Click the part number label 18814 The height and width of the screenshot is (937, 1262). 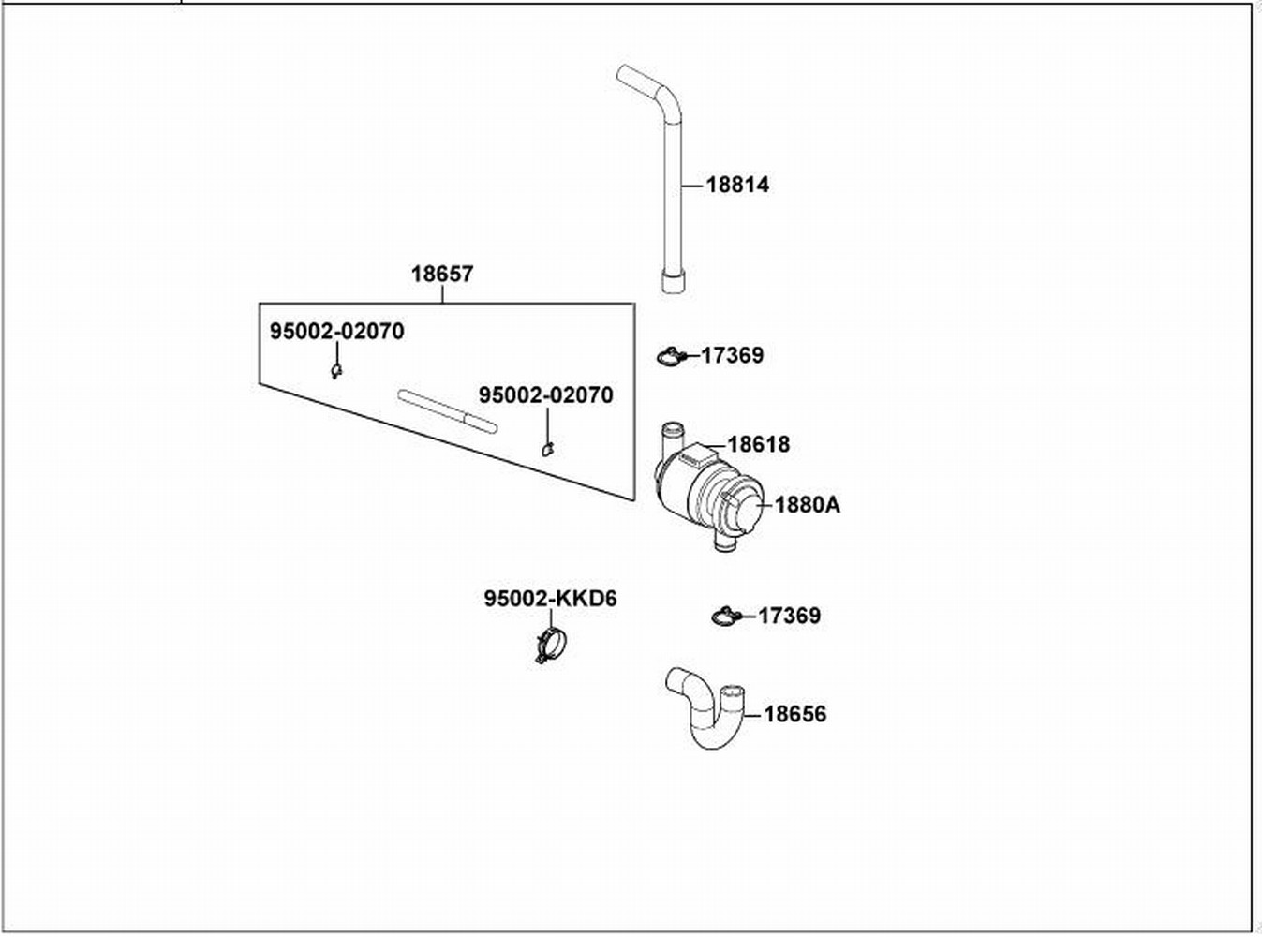(x=737, y=185)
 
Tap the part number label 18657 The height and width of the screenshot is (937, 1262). (x=442, y=275)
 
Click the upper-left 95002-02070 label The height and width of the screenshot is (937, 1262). (x=337, y=332)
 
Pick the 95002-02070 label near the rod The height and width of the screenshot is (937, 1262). (x=546, y=395)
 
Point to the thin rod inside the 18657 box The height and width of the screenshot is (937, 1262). (x=448, y=412)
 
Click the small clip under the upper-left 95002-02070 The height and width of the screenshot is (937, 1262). (x=335, y=372)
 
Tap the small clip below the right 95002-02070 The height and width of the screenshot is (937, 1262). (x=547, y=449)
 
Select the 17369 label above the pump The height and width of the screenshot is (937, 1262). (x=732, y=356)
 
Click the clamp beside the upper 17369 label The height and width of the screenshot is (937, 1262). (x=670, y=356)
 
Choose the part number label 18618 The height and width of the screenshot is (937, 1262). (x=758, y=444)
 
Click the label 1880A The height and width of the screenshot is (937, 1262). (x=807, y=505)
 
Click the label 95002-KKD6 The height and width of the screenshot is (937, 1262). (x=551, y=599)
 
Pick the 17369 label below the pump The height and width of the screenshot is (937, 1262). (x=789, y=617)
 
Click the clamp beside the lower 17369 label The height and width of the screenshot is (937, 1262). (x=726, y=616)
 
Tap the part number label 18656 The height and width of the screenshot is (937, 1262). (x=795, y=714)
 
